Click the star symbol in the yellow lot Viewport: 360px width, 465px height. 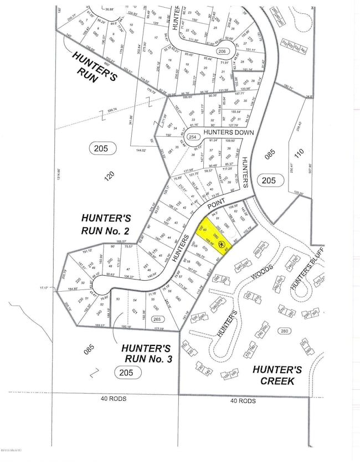221,244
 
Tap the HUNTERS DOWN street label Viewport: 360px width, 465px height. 225,133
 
